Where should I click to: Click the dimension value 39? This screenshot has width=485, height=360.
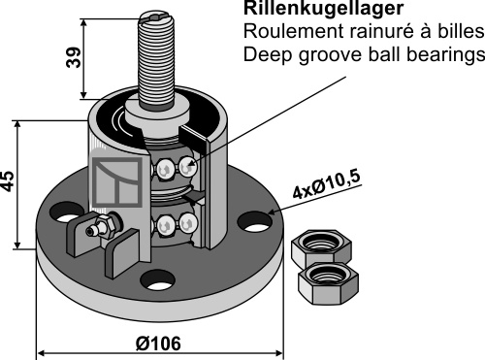[73, 57]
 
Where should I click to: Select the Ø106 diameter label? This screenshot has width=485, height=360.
[158, 344]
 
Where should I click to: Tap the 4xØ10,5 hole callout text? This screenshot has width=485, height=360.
[326, 184]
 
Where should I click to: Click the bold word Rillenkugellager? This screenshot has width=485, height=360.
[323, 8]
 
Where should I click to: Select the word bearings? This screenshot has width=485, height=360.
[446, 55]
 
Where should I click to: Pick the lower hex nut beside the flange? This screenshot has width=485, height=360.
[328, 283]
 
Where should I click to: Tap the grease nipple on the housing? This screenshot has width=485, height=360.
[100, 226]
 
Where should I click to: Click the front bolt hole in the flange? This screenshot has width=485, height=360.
[157, 280]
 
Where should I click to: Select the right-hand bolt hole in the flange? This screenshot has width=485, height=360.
[255, 221]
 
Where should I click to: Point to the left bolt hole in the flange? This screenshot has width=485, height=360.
[66, 213]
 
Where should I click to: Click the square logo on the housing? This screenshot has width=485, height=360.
[117, 181]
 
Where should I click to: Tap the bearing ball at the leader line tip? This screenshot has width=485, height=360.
[188, 167]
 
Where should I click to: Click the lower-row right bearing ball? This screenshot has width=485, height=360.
[188, 223]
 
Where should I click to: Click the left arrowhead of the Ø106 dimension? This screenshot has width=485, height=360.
[40, 352]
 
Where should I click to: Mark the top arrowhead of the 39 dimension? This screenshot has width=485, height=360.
[83, 22]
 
